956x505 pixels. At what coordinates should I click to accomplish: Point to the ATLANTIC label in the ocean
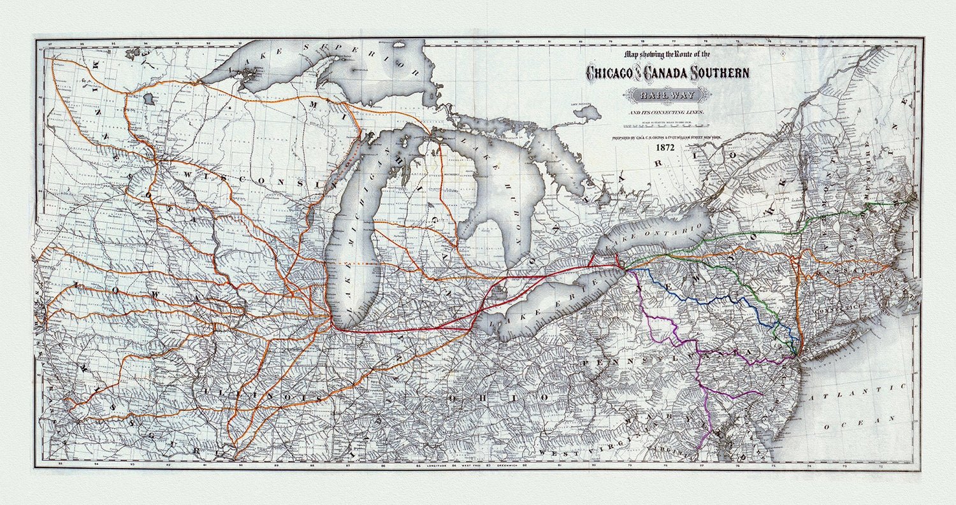[x=858, y=391]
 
